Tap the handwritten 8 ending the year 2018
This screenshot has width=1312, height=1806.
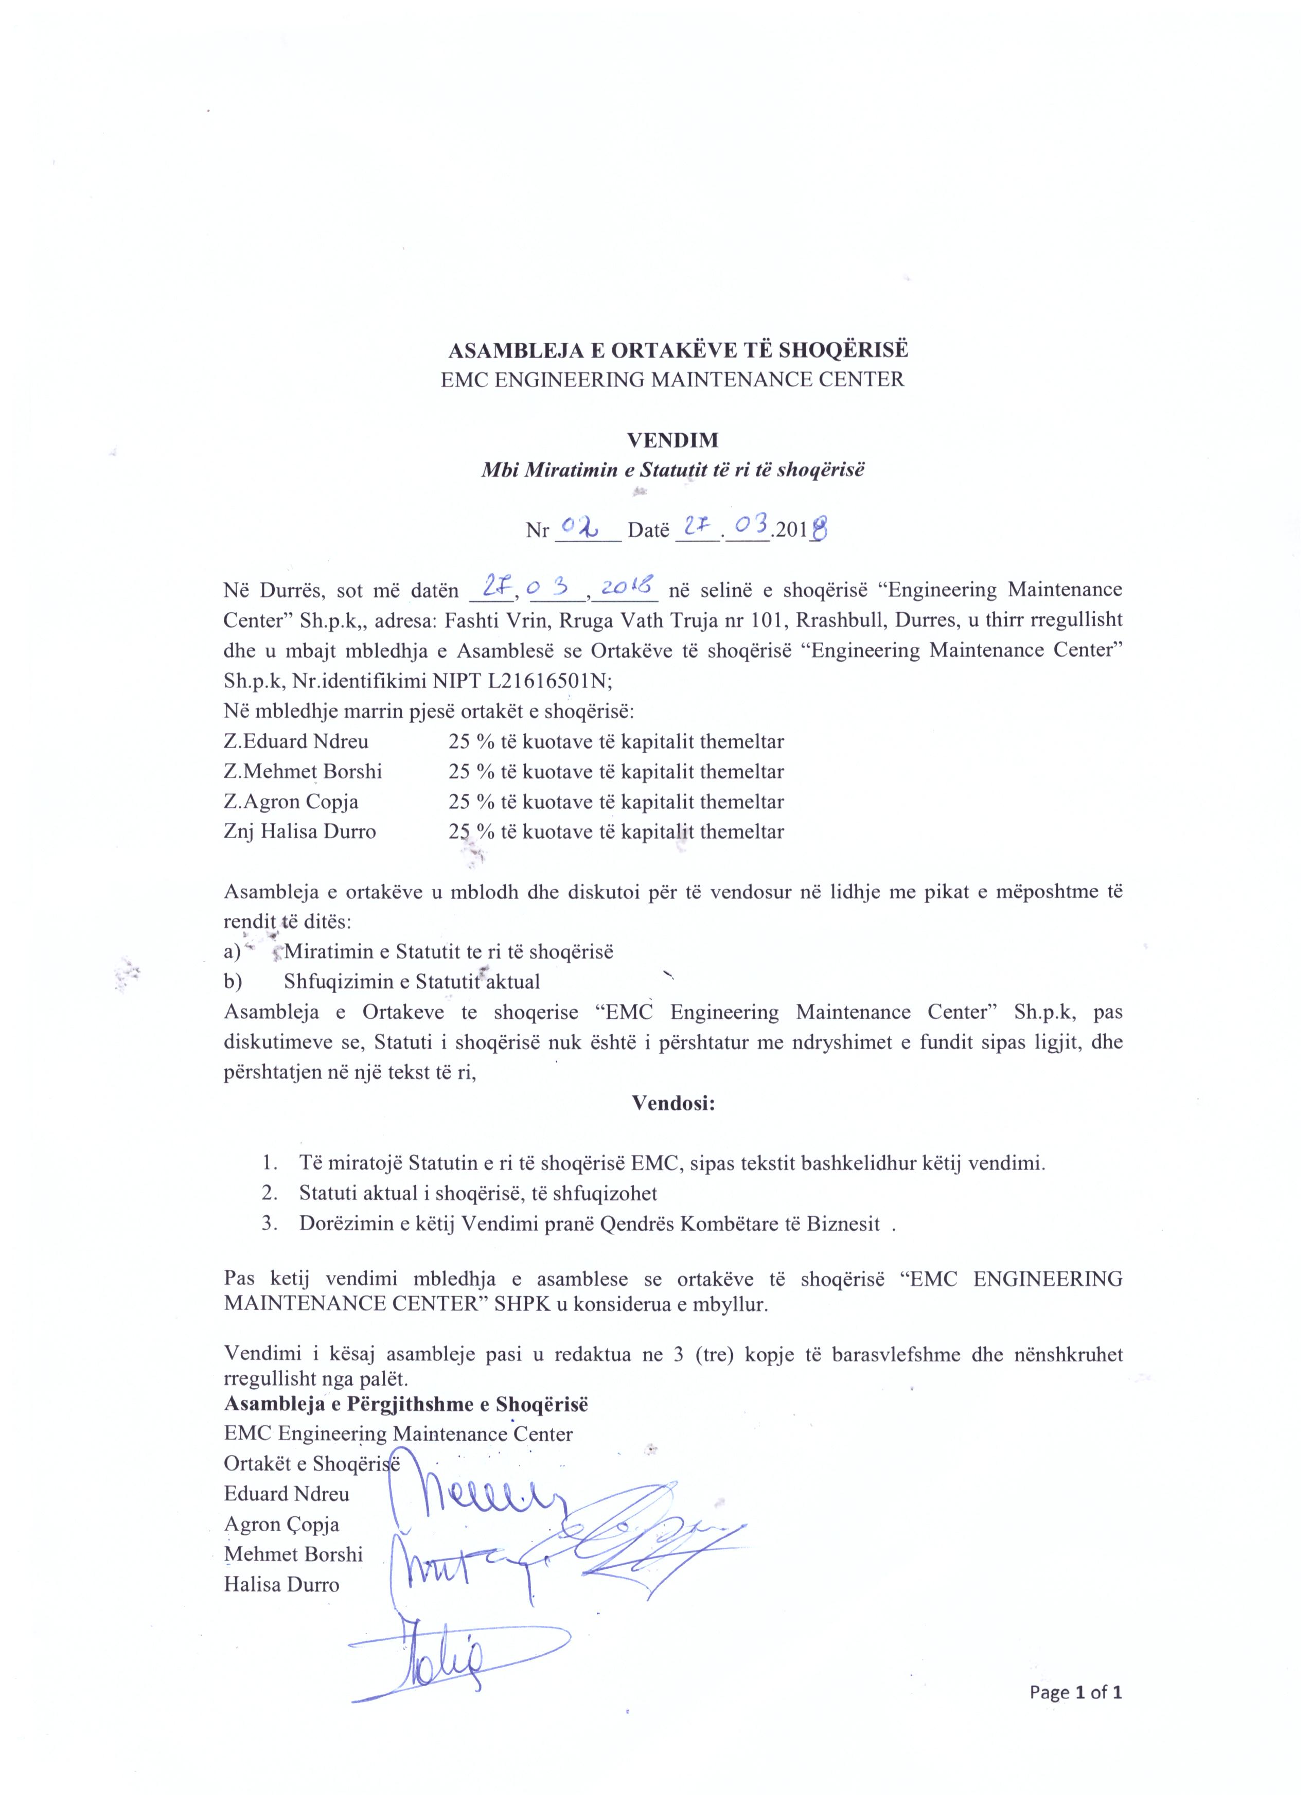pyautogui.click(x=819, y=529)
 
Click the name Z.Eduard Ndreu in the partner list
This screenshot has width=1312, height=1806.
pyautogui.click(x=296, y=741)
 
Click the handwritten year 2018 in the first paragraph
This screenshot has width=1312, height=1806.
pyautogui.click(x=628, y=589)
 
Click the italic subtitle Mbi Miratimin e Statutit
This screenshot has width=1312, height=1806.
pyautogui.click(x=672, y=469)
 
